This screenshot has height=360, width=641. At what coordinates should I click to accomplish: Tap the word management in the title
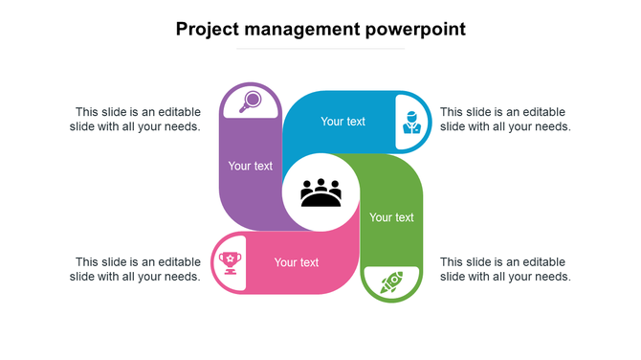coord(303,30)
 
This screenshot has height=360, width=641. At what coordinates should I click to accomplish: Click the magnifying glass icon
coord(252,100)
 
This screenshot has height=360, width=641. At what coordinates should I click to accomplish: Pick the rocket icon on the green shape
coord(390,281)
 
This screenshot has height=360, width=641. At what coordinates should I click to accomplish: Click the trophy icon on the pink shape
coord(230,260)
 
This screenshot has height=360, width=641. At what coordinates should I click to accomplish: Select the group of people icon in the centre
coord(320,192)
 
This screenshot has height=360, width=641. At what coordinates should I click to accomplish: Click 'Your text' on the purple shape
coord(251,166)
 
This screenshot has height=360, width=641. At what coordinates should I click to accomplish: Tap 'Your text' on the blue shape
coord(343,122)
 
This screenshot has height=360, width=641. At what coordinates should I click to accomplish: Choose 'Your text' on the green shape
coord(392,217)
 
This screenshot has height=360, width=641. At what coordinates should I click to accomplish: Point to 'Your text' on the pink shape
coord(297,262)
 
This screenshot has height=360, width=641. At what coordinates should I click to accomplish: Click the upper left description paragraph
coord(135,119)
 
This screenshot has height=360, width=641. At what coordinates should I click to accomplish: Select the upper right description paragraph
coord(505,119)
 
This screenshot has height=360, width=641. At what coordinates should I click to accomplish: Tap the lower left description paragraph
coord(135,269)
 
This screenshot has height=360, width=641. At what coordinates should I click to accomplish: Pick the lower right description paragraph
coord(505,269)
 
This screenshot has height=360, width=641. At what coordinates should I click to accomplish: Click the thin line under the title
coord(320,48)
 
